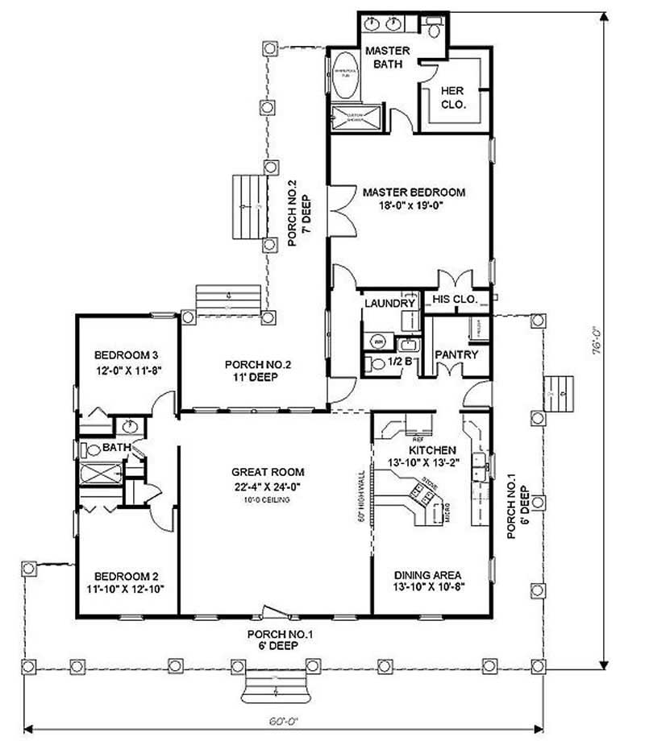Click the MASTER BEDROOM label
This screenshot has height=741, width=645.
click(x=414, y=192)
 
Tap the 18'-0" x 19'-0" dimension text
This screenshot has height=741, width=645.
click(x=414, y=205)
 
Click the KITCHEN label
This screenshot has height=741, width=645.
click(x=433, y=449)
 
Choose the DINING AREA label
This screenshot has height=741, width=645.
click(x=427, y=575)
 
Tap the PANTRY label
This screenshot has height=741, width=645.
click(x=456, y=354)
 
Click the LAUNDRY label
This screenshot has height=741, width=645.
click(x=389, y=304)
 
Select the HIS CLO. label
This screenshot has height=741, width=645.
click(x=456, y=300)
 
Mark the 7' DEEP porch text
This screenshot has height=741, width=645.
click(x=306, y=205)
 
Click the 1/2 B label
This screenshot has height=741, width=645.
click(x=402, y=362)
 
